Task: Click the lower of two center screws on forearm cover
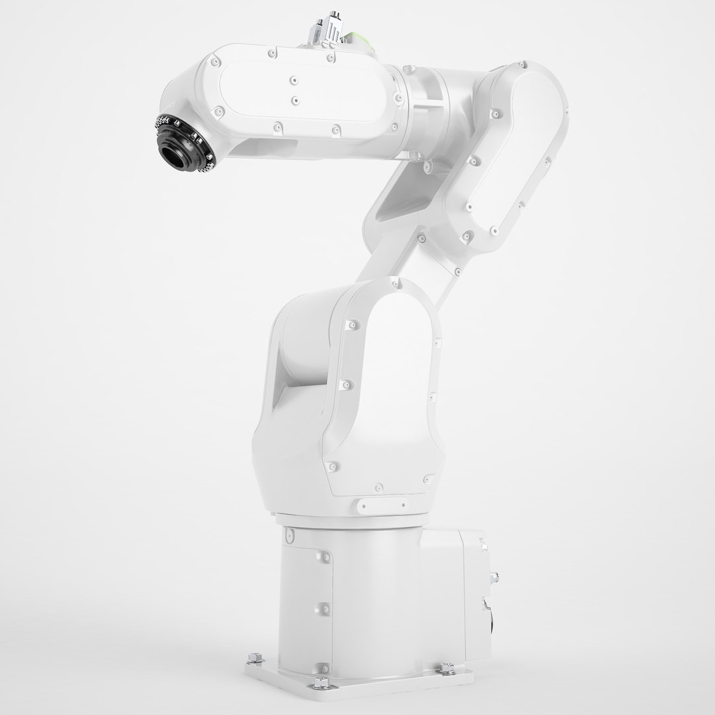pyautogui.click(x=295, y=101)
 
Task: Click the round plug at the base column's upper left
pyautogui.click(x=289, y=534)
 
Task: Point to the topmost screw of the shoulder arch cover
pyautogui.click(x=398, y=285)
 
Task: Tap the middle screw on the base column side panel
pyautogui.click(x=324, y=606)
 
